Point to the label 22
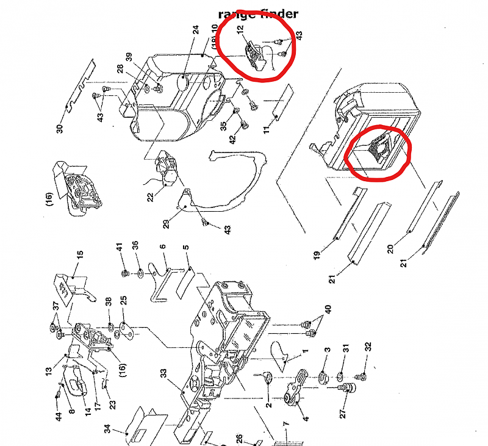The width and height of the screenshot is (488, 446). coord(149,196)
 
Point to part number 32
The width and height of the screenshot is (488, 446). coord(368,348)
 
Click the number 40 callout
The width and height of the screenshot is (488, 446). coord(328,309)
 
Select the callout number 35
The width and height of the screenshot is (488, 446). coord(224,126)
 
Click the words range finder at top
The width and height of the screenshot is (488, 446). coord(259,14)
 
